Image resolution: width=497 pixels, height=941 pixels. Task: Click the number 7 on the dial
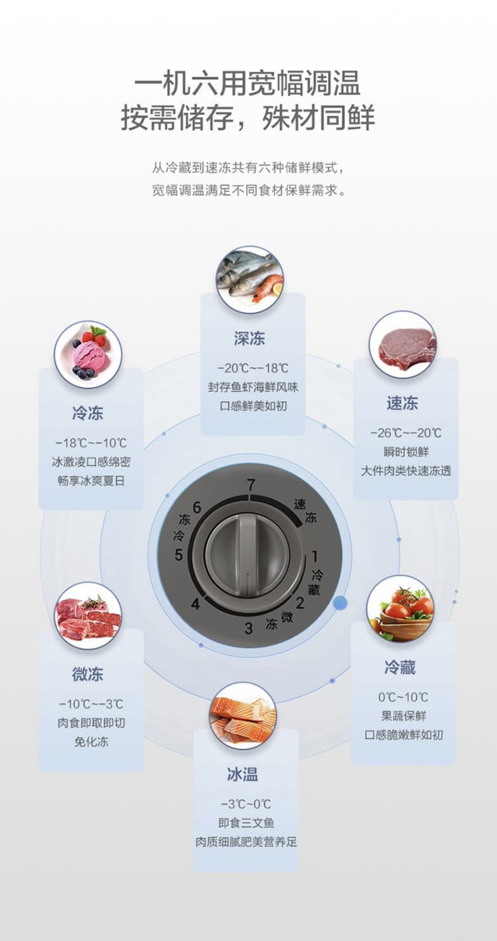coord(251,485)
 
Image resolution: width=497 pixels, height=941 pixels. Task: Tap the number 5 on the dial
coord(179,554)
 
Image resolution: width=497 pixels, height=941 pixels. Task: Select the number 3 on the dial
coord(249,628)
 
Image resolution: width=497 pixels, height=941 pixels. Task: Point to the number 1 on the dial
coord(315,556)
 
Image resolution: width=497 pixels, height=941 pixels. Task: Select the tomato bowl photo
coord(400,609)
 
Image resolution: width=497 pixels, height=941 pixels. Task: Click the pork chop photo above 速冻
coord(403,345)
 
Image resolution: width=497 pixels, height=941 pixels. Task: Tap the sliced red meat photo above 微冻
coord(88,616)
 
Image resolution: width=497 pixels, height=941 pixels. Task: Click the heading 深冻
coord(250,339)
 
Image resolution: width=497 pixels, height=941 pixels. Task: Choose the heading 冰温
coord(243,774)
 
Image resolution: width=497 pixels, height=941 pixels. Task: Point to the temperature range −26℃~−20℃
coord(406,433)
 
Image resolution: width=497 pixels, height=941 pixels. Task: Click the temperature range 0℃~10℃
coord(403,697)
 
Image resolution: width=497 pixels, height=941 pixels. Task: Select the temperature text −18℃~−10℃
coord(91,443)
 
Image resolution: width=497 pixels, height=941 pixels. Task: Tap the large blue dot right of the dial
coord(340,603)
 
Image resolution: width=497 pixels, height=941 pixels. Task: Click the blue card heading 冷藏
coord(400,667)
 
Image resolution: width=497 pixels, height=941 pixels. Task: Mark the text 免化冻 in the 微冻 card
coord(91,742)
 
